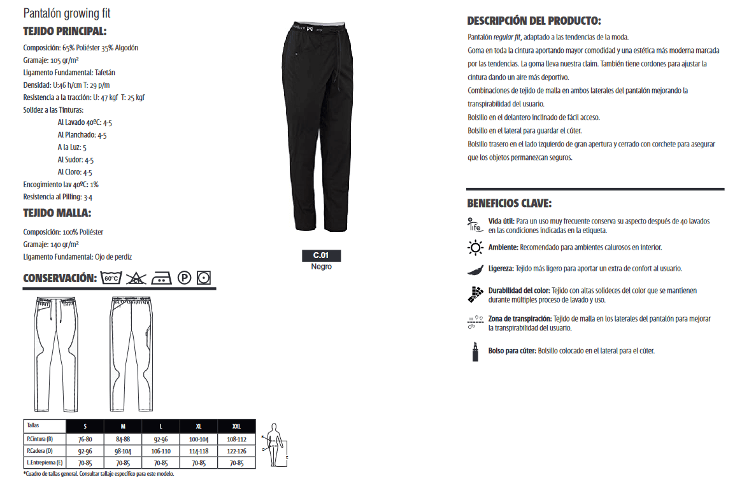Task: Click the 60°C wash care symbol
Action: pos(111,278)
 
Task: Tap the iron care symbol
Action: pos(161,278)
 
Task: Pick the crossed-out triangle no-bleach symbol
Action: pos(136,278)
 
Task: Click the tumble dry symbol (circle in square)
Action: pos(204,278)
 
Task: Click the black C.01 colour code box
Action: pos(321,255)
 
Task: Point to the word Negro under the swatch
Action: pos(321,267)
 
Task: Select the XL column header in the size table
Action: pos(199,425)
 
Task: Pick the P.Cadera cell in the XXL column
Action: pos(236,450)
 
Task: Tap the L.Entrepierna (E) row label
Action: pos(44,462)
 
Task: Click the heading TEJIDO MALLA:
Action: pos(57,213)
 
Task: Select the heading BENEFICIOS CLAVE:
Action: pos(510,204)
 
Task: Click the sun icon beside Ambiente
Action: pos(475,247)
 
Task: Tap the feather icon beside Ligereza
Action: pos(475,269)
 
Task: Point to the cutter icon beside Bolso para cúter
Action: pos(475,352)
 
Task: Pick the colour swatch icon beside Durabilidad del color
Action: pos(475,294)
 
